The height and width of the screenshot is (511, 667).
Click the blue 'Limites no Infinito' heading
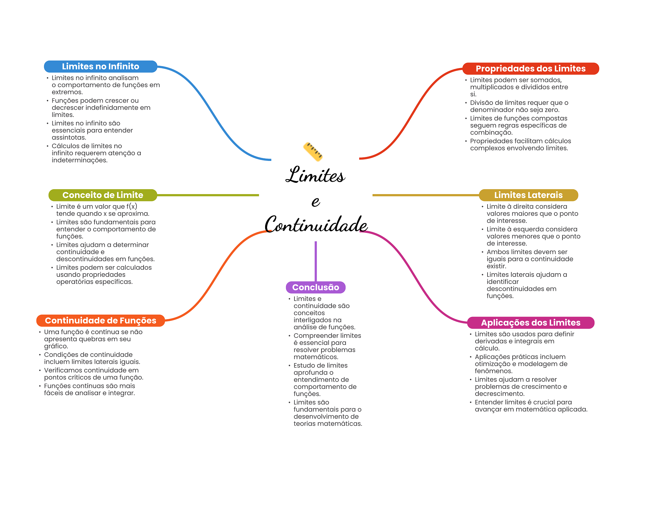coord(101,66)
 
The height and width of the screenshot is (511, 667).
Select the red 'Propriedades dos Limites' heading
coord(531,69)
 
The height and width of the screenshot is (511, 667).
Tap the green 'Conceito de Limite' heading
coord(103,195)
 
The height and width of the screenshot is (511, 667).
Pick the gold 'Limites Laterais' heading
coord(528,195)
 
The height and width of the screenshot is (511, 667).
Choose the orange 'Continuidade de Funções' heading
coord(100,320)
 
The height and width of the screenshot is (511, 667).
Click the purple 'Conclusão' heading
coord(316,287)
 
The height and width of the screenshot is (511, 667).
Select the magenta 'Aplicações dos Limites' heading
coord(531,323)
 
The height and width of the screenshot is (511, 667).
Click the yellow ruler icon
coord(313,152)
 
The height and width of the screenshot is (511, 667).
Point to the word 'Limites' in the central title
coord(315,175)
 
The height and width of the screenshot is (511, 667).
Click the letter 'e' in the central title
coord(316,201)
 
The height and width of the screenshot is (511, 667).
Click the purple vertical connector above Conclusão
coord(316,261)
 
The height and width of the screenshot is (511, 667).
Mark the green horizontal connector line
coord(208,195)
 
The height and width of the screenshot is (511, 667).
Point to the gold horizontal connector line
coord(426,195)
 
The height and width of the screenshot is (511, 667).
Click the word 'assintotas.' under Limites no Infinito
coord(69,137)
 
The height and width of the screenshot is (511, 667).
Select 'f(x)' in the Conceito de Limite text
coord(132,206)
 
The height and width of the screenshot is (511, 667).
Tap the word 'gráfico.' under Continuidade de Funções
coord(56,346)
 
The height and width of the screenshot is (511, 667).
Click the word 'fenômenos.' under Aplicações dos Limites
coord(494,371)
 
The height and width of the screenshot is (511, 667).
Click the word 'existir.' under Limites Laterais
coord(496,266)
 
